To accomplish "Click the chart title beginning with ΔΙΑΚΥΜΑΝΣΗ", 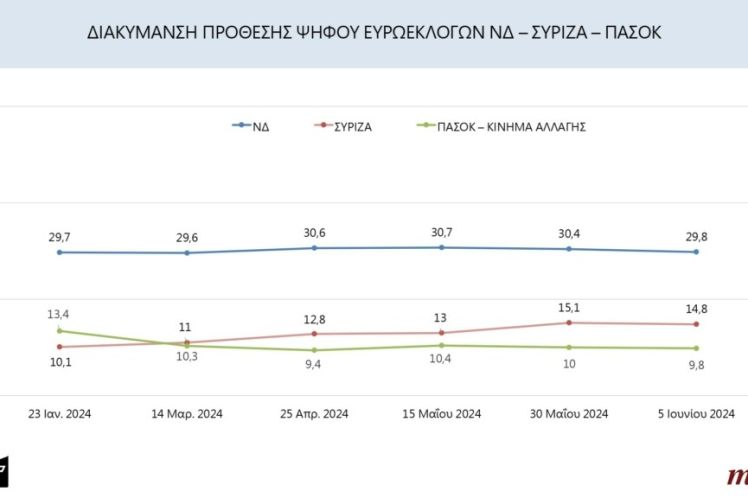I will pos(374,33).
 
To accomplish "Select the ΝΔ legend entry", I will pos(258,126).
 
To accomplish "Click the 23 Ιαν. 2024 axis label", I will pos(60,414).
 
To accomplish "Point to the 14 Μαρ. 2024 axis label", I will pos(187,414).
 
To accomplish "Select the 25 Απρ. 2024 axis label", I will pos(314,414).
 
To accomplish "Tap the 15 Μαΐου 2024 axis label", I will pos(441,414).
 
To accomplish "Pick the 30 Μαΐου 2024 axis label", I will pos(568,414).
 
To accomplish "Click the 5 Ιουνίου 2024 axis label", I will pos(696,414).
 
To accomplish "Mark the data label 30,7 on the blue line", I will pos(441,232).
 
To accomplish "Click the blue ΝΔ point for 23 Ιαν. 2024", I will pos(60,253).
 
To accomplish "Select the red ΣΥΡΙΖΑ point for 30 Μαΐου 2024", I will pos(568,322).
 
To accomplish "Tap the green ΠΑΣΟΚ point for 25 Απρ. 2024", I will pos(314,350).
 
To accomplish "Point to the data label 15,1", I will pos(568,307).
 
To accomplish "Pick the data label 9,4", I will pos(314,365).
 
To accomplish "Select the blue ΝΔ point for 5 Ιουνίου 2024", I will pos(696,252).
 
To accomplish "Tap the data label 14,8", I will pos(696,309).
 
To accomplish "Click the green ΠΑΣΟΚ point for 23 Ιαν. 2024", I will pos(60,330).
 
